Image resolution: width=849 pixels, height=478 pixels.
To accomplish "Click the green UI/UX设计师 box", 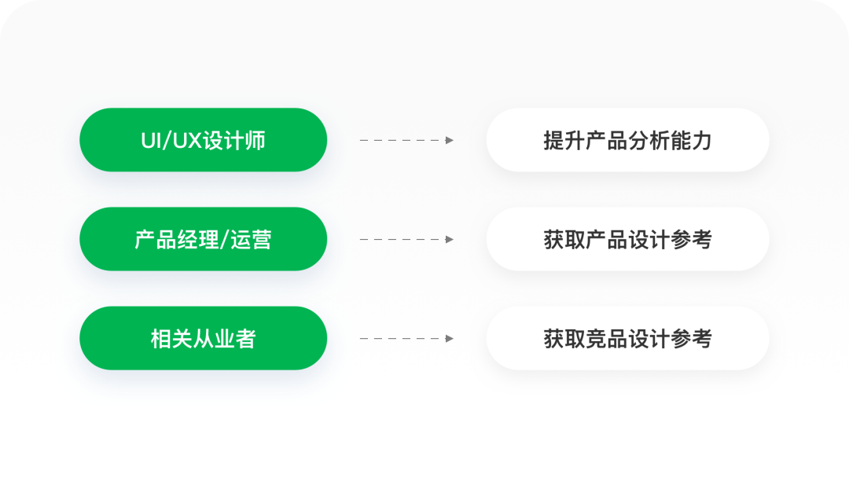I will [203, 140].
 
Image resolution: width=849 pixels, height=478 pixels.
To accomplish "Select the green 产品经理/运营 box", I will [203, 239].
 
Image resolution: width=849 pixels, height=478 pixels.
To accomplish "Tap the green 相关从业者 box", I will [203, 338].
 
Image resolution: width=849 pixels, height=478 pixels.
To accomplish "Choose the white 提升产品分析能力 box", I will [627, 140].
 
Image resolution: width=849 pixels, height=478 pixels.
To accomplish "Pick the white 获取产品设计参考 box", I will [627, 239].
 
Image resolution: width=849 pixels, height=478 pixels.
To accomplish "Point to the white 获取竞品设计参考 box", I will [627, 338].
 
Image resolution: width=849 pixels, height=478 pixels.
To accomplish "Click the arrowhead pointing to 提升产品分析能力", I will [450, 140].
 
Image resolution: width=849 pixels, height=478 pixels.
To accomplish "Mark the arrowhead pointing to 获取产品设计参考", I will [450, 239].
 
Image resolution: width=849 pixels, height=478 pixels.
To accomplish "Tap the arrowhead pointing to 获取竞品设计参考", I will [450, 338].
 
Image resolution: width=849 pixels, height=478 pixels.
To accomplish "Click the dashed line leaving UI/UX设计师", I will [401, 140].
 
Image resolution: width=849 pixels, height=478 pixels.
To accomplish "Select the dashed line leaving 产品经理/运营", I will [401, 239].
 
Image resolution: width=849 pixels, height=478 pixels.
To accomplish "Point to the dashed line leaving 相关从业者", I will [401, 338].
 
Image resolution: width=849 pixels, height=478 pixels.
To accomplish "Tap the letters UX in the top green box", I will [186, 141].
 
